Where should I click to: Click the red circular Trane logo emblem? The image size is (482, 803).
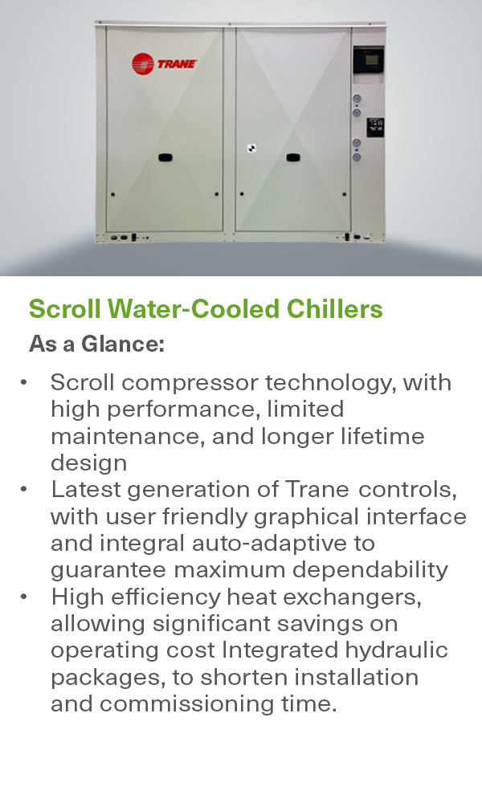pyautogui.click(x=142, y=64)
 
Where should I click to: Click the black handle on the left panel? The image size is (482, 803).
pyautogui.click(x=165, y=157)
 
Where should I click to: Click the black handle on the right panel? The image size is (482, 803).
pyautogui.click(x=295, y=157)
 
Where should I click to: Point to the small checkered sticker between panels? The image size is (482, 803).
pyautogui.click(x=251, y=149)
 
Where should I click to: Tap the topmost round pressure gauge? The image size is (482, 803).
pyautogui.click(x=357, y=99)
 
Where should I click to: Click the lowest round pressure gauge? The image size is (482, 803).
pyautogui.click(x=357, y=156)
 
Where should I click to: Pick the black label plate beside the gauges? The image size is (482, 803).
pyautogui.click(x=375, y=127)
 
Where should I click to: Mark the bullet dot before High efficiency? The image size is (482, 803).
pyautogui.click(x=26, y=597)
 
